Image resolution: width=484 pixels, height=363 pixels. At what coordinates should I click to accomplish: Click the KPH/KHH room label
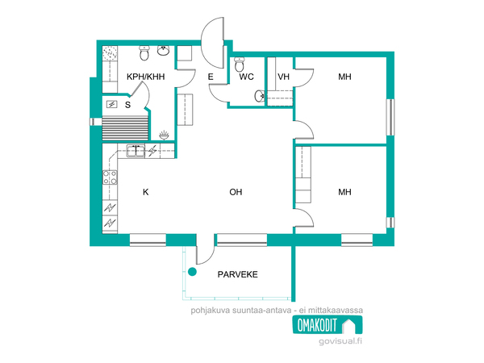tap(146, 77)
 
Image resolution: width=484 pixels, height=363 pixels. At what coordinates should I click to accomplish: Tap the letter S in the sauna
tap(127, 105)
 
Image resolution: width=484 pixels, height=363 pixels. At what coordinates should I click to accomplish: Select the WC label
tap(246, 77)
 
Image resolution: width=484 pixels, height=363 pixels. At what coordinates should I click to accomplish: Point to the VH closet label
tap(283, 77)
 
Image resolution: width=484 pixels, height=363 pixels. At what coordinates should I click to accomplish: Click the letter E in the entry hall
tap(211, 77)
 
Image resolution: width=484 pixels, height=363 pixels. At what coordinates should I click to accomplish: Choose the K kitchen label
tap(146, 192)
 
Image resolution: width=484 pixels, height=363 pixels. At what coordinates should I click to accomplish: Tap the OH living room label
tap(236, 192)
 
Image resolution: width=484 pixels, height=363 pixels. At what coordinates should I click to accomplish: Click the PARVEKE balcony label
tap(238, 274)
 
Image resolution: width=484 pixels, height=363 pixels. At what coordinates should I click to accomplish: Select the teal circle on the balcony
tap(192, 272)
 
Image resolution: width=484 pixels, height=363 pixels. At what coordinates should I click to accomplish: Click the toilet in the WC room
tap(240, 64)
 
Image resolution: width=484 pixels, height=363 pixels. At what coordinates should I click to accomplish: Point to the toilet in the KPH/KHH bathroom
tap(144, 52)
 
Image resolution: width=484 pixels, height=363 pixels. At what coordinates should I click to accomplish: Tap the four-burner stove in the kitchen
tap(110, 177)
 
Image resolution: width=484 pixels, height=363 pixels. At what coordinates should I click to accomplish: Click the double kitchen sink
tap(136, 151)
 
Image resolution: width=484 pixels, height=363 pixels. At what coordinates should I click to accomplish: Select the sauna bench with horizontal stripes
tap(125, 128)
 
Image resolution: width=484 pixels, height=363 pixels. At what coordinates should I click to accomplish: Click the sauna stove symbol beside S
tap(112, 105)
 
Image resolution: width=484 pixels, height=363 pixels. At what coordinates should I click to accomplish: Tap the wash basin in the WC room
tap(260, 96)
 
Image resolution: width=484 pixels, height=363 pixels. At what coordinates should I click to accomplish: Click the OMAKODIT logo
tap(328, 325)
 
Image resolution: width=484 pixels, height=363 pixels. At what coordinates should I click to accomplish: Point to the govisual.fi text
tap(340, 341)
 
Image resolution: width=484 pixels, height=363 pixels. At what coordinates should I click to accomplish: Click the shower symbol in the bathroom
tap(164, 136)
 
